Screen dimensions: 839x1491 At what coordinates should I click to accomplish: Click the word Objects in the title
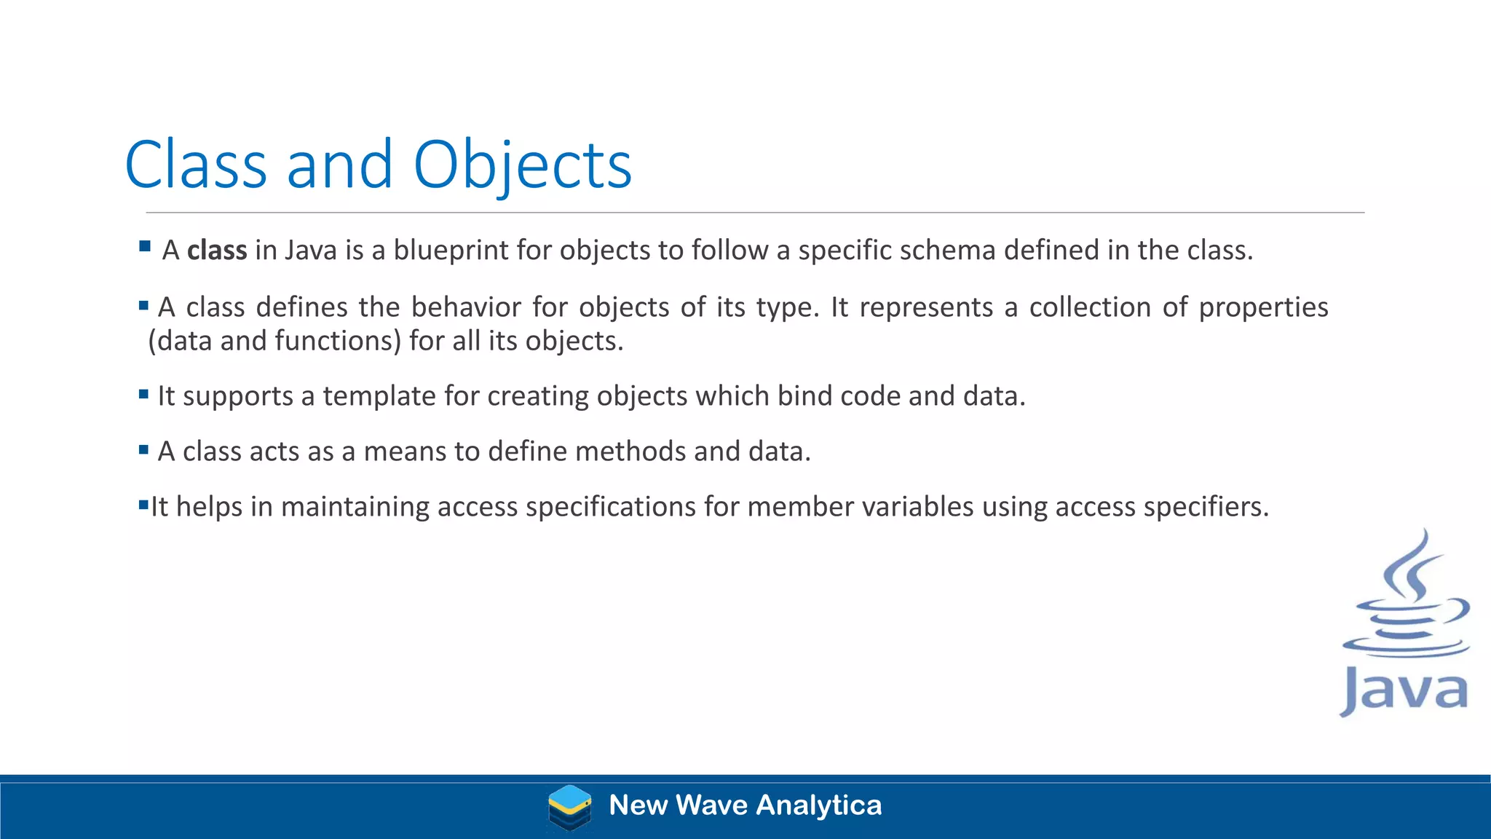[x=522, y=165]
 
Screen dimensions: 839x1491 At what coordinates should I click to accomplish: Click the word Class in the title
[x=196, y=165]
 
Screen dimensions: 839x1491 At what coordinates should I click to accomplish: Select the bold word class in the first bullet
[x=217, y=250]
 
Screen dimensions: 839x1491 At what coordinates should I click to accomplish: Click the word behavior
[x=466, y=307]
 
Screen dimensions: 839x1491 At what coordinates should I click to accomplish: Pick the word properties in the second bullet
[x=1263, y=308]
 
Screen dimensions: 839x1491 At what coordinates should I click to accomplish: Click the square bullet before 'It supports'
[x=143, y=394]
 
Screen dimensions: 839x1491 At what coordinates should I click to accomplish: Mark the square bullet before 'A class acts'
[x=143, y=449]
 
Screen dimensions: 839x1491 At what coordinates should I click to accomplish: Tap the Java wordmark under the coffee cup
[x=1404, y=690]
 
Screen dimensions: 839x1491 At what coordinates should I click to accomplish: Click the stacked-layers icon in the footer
[x=569, y=807]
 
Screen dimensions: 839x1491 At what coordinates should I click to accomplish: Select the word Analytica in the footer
[x=819, y=805]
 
